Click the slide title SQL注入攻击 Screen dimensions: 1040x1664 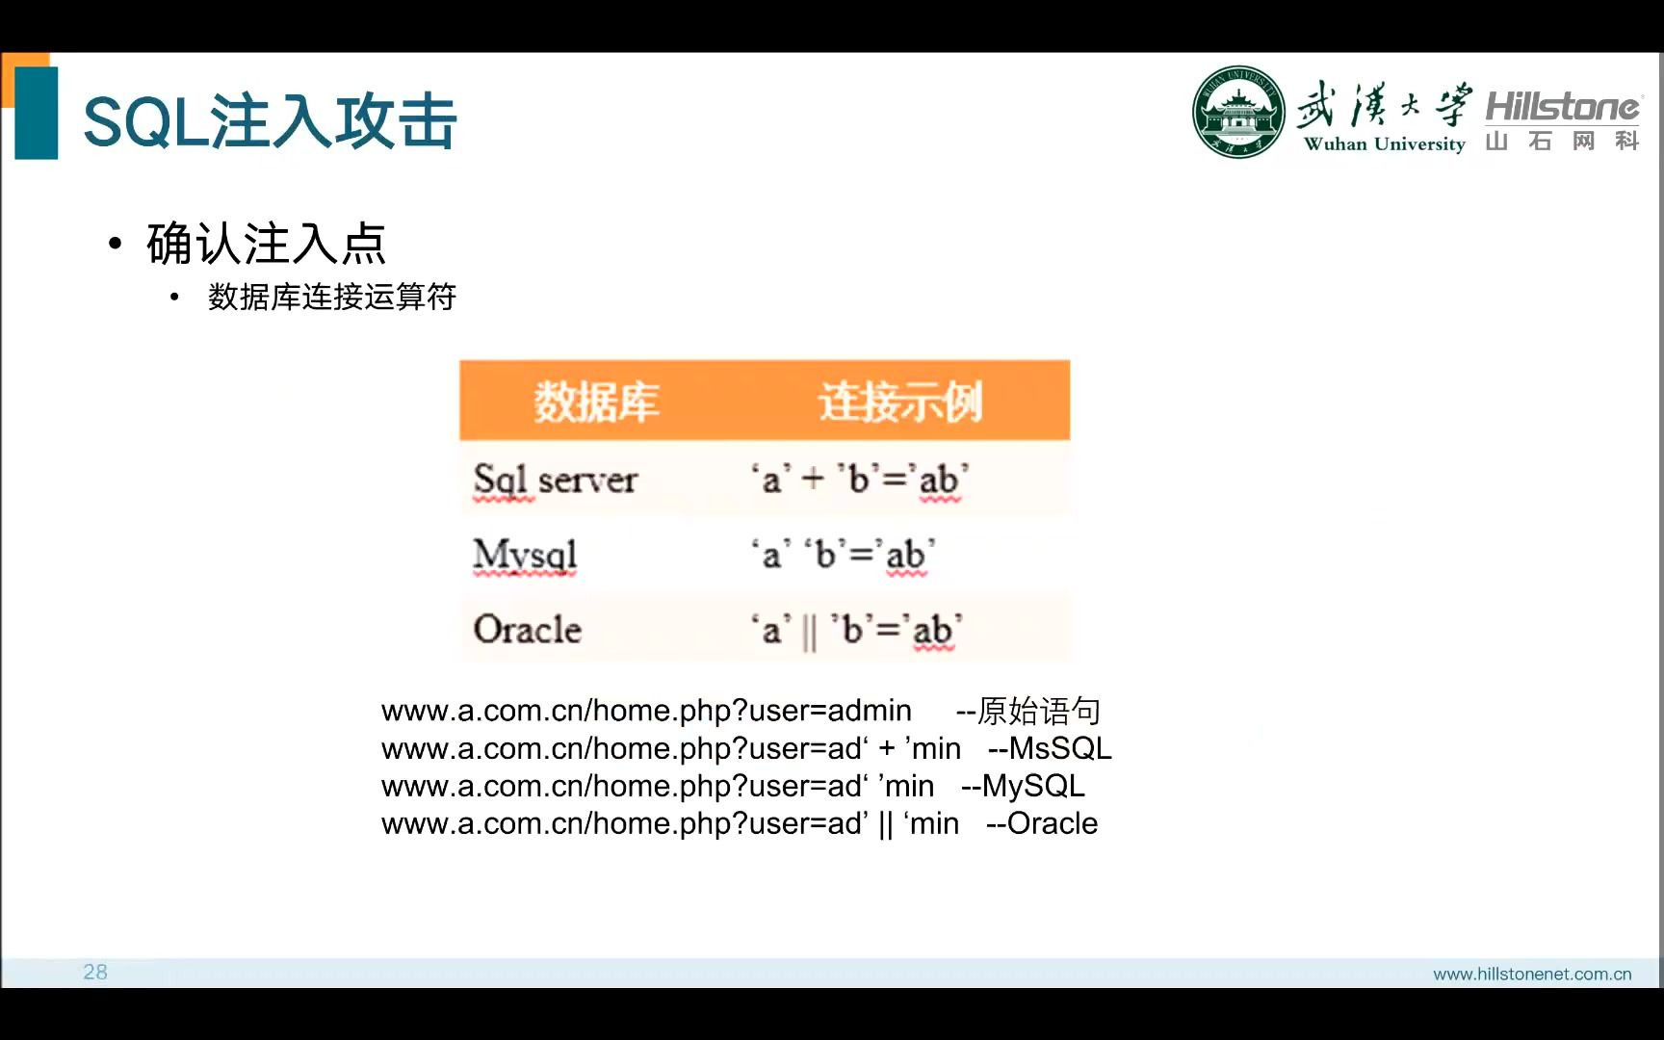(x=270, y=122)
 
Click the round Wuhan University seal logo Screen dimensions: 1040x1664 (x=1238, y=113)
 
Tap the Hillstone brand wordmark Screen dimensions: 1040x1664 (x=1562, y=106)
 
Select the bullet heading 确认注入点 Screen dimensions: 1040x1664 (x=266, y=243)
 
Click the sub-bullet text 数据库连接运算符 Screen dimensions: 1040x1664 (x=331, y=297)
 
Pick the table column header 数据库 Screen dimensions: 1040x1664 (x=596, y=402)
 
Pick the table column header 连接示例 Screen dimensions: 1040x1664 (x=900, y=402)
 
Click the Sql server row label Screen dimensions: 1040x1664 (x=556, y=479)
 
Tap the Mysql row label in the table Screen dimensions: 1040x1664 (x=525, y=555)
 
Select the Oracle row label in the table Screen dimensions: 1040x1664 (x=528, y=630)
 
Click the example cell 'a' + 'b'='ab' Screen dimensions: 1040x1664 (x=860, y=479)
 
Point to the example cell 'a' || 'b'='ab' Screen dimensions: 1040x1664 (x=856, y=630)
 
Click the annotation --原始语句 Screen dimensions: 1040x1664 (x=1027, y=711)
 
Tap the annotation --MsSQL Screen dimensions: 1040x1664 (x=1050, y=748)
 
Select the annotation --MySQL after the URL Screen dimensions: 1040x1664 (x=1023, y=786)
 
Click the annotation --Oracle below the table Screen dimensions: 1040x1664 (x=1042, y=823)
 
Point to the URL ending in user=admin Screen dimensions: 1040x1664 (x=646, y=711)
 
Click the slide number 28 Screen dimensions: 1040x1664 (x=95, y=972)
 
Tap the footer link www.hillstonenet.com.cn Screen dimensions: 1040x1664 (x=1532, y=974)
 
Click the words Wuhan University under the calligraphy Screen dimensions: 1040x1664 (x=1384, y=144)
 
